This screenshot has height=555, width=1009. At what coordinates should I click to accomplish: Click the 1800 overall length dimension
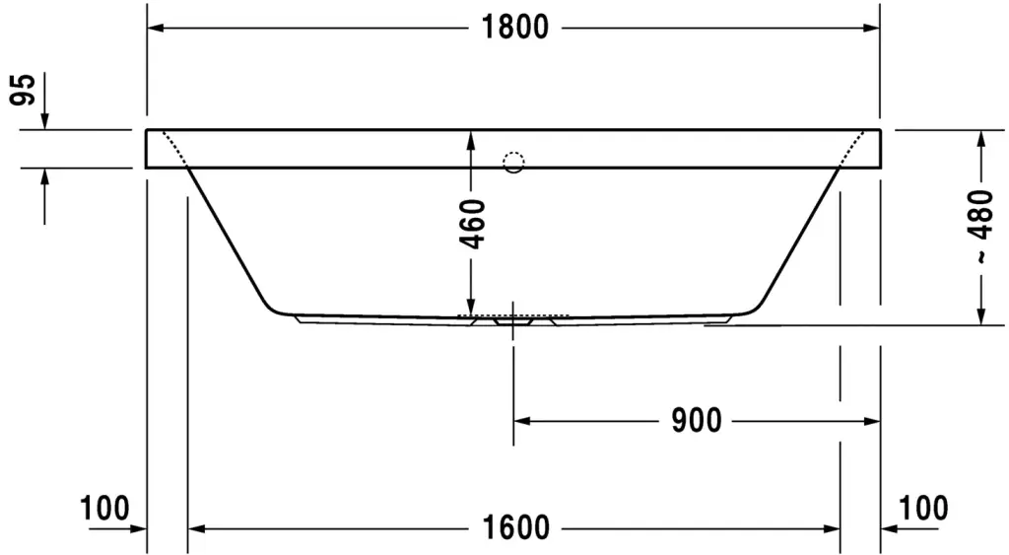(515, 28)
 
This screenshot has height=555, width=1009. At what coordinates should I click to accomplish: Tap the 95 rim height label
(24, 90)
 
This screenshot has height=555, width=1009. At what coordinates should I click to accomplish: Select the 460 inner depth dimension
(472, 224)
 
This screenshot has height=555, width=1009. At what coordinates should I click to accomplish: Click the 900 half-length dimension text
(697, 421)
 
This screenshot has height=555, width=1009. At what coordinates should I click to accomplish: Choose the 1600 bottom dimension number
(516, 528)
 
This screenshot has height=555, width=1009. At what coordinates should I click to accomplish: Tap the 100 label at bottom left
(104, 508)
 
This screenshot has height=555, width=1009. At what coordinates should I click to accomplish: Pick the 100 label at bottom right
(922, 508)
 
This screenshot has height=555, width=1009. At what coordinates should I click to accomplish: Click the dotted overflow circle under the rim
(513, 163)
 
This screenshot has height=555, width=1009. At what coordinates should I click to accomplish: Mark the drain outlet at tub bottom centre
(512, 320)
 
